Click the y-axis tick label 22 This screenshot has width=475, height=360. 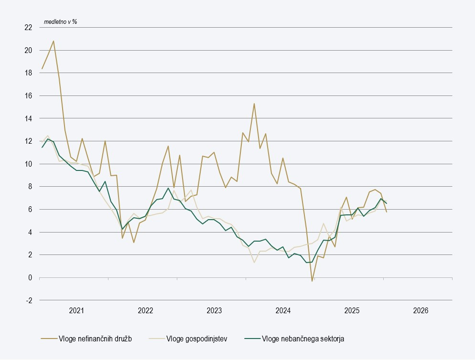[28, 28]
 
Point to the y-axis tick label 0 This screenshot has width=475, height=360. [30, 278]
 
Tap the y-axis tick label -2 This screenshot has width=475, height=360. [29, 300]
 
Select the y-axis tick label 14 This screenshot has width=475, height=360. [28, 118]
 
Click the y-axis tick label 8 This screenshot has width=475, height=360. [30, 187]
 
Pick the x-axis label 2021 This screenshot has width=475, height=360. [76, 310]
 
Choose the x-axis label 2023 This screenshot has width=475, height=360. [214, 310]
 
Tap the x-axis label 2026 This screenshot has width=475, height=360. [421, 310]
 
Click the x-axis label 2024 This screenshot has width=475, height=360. [283, 310]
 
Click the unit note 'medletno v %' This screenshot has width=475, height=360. [60, 22]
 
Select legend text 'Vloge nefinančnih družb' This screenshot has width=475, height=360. [95, 339]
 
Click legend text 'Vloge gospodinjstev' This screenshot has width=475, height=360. [196, 339]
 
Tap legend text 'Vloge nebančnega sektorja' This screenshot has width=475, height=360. [302, 339]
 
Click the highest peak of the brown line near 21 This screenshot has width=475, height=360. [53, 41]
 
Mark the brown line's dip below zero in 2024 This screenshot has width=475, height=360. [312, 281]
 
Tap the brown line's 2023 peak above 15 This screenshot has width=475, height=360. [254, 104]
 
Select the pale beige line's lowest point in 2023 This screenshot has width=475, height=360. [254, 262]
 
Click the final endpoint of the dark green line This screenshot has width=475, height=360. [387, 203]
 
